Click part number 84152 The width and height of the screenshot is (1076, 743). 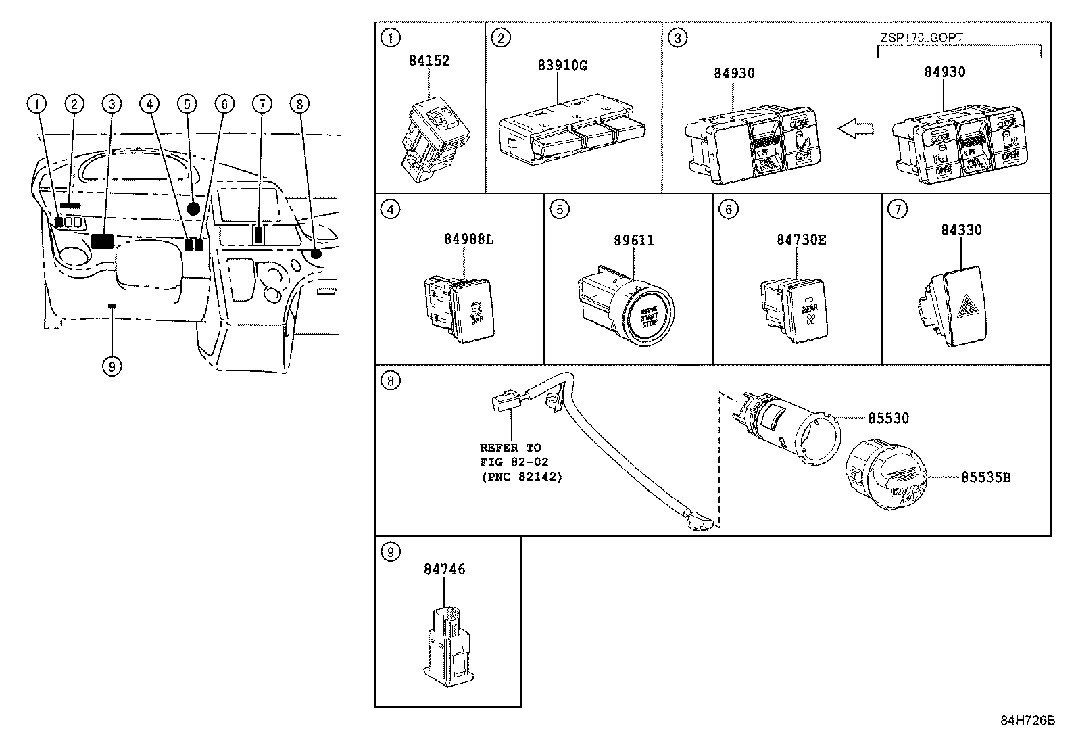(x=429, y=60)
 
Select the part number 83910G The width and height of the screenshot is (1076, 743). (x=562, y=66)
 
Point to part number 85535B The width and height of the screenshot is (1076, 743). (x=985, y=477)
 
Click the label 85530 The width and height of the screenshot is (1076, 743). (x=888, y=418)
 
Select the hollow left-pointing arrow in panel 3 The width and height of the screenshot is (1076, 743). (x=854, y=129)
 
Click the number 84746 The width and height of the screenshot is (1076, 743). (x=444, y=569)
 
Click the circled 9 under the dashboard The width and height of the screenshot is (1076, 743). (x=112, y=366)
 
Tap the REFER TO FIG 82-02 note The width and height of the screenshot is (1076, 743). (x=520, y=462)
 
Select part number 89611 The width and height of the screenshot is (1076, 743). (x=633, y=240)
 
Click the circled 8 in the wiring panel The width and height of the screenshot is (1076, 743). (x=391, y=381)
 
